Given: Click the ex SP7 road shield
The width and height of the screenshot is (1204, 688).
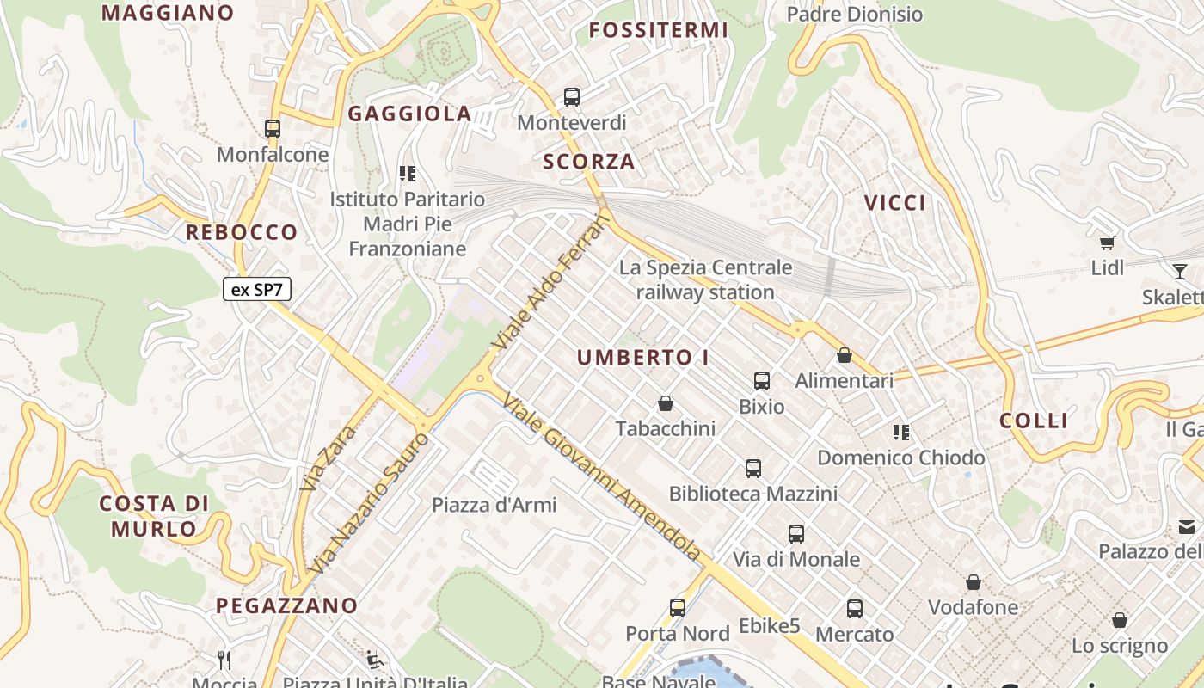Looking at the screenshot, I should (257, 290).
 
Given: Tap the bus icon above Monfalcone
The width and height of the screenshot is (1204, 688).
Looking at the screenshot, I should (273, 129).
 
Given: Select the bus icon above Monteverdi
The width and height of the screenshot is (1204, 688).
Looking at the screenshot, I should (572, 97).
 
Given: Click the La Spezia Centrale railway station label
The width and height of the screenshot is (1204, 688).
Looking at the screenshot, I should (705, 279).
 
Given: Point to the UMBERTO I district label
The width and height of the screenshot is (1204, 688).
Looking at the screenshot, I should (643, 358).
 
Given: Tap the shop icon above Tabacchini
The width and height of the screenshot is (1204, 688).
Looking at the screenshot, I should (665, 403).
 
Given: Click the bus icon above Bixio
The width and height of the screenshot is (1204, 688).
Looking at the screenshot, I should (762, 380).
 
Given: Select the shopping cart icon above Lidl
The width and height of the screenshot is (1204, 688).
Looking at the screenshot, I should (1107, 243).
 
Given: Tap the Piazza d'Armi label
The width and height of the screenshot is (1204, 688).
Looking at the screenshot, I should (494, 505).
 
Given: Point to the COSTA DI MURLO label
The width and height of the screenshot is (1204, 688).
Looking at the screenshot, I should (155, 516).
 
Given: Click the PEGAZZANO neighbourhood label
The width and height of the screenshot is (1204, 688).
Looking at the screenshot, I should (286, 605).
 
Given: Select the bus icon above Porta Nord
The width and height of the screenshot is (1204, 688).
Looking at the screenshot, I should (678, 608).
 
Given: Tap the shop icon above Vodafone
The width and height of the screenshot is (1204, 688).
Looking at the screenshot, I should (973, 582).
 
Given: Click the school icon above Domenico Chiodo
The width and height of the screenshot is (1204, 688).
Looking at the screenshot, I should (901, 432).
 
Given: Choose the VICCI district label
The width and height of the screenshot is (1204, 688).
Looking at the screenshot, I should (895, 203).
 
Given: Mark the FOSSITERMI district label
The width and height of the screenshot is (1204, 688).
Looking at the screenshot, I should (659, 31).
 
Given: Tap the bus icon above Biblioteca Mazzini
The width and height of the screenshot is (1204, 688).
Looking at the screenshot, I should (753, 469).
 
